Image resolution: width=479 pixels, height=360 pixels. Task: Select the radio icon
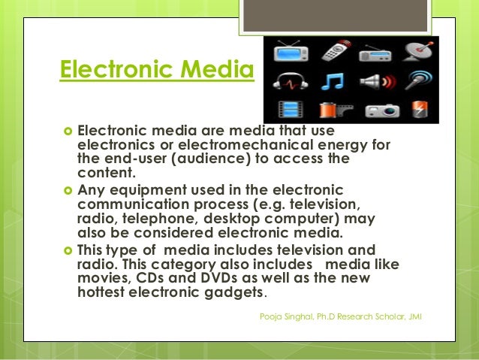coord(373,53)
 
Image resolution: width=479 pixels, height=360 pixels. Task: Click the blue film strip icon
coord(289,109)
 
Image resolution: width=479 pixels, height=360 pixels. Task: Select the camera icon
coord(373,110)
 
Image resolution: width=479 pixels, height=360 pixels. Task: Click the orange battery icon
coord(417,109)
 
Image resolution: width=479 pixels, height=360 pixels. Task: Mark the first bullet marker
coord(65,129)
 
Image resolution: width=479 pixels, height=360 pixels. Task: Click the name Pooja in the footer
coord(270,316)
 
